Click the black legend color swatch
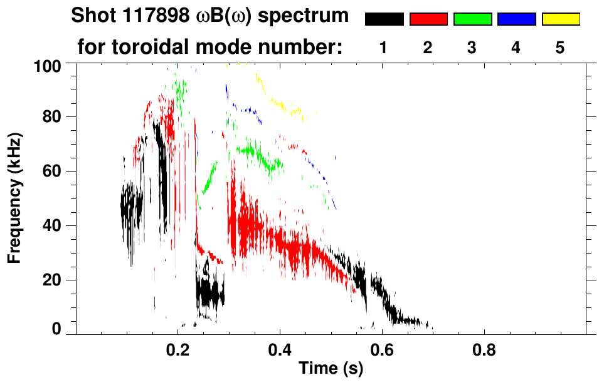(384, 19)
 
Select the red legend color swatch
(428, 19)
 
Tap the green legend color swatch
(472, 19)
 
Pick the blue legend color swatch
(516, 19)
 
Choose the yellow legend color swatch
(561, 19)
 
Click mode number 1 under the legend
(384, 48)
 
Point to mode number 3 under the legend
(472, 48)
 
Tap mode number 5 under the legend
(560, 48)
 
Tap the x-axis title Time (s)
(331, 369)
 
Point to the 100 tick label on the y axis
(48, 64)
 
